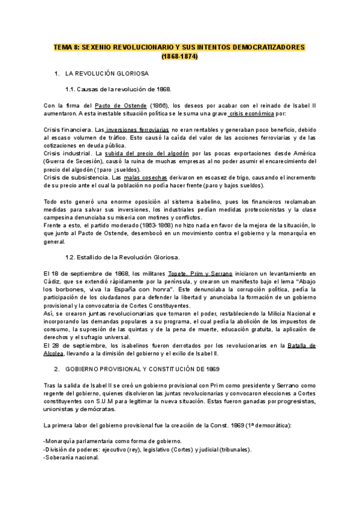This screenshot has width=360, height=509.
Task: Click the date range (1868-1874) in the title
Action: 179,56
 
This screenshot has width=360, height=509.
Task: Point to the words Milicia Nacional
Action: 292,313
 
